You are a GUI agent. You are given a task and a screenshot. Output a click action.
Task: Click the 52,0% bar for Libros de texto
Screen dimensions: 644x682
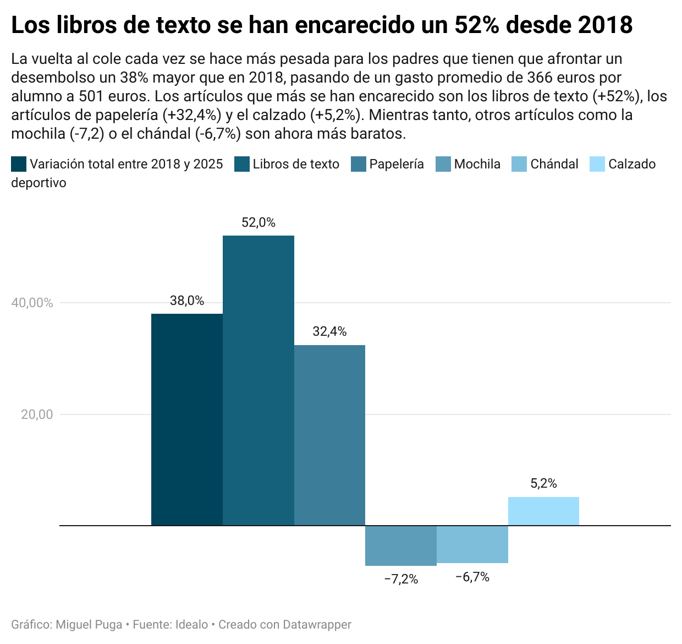258,380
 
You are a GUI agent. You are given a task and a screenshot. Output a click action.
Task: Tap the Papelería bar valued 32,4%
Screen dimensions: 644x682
329,435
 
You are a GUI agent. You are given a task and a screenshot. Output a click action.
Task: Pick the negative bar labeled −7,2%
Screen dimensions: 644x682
401,545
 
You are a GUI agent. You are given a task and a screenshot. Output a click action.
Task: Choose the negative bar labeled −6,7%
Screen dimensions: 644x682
472,544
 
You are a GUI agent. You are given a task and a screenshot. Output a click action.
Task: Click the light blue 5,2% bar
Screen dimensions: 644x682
543,511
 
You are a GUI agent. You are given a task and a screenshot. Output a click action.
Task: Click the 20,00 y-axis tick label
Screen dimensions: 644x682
37,414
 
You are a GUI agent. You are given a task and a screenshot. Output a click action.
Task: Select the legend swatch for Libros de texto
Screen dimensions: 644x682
242,164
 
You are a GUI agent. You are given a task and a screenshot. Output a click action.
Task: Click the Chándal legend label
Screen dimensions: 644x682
554,164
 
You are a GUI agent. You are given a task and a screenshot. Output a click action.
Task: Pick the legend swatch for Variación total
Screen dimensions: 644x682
19,164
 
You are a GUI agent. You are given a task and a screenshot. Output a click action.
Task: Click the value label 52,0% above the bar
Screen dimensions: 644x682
258,222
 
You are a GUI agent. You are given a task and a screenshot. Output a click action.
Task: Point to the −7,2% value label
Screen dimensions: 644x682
401,579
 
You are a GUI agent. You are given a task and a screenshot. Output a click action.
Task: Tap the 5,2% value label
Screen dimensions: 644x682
543,483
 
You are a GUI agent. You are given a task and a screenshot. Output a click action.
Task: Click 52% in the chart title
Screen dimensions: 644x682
476,25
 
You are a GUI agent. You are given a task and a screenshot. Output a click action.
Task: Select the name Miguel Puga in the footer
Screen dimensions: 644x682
89,625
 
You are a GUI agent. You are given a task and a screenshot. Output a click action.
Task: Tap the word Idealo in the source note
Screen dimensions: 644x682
191,625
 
